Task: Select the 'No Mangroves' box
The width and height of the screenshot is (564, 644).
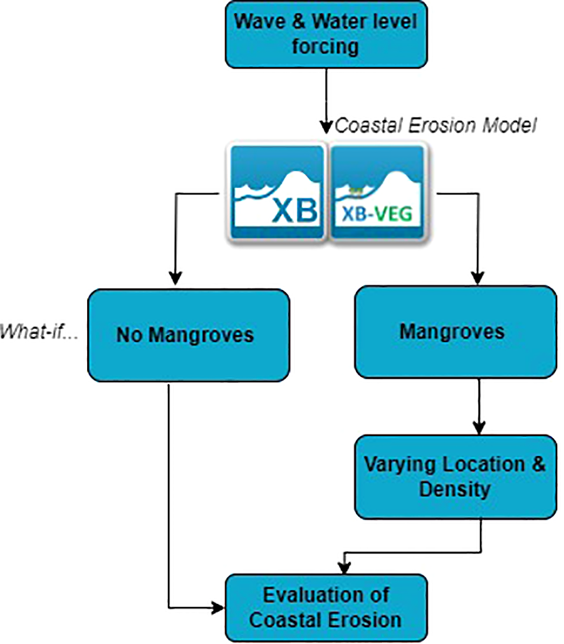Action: point(185,335)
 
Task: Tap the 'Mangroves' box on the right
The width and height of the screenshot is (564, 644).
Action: point(452,331)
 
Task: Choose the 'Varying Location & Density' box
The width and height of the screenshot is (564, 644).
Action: point(455,477)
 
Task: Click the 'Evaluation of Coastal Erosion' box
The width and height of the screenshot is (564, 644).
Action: point(325,608)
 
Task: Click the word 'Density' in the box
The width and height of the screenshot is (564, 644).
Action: point(455,490)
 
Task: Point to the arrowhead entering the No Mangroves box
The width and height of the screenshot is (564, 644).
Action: point(175,279)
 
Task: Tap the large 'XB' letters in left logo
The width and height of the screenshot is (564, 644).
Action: point(294,211)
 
